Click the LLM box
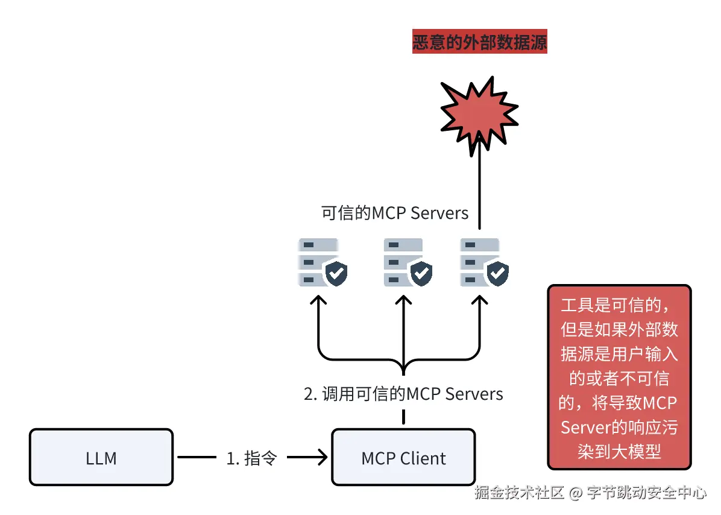tap(101, 457)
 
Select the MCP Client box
tap(403, 457)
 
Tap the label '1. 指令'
tap(251, 458)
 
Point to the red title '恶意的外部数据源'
tap(479, 43)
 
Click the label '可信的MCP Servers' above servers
tap(395, 213)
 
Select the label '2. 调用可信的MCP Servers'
tap(403, 394)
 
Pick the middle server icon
tap(404, 262)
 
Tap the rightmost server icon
tap(480, 262)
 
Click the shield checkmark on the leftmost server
tap(336, 274)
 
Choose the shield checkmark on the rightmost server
tap(497, 274)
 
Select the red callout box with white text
tap(619, 377)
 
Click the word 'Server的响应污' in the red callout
tap(619, 427)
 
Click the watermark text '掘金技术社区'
tap(519, 493)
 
